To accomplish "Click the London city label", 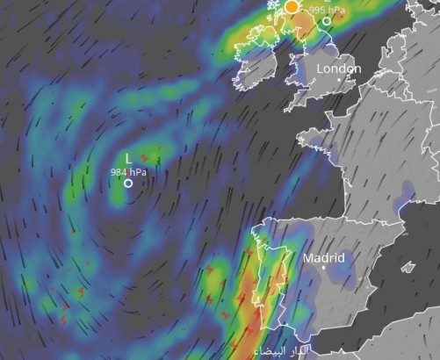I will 338,68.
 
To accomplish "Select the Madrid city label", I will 324,258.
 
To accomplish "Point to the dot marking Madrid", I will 324,269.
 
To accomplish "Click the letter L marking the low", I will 128,158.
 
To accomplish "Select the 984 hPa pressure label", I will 128,171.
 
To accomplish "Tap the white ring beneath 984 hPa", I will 128,184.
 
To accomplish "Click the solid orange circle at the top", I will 292,6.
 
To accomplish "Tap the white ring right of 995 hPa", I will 327,20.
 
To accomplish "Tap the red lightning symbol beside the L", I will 144,157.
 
